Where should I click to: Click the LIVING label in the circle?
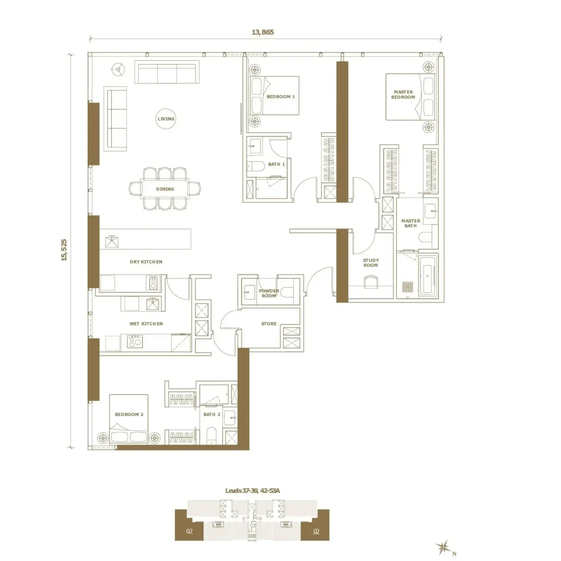click(166, 119)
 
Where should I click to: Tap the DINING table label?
click(165, 189)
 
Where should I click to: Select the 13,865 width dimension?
click(263, 32)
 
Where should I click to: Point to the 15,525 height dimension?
click(64, 250)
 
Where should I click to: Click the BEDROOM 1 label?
click(281, 96)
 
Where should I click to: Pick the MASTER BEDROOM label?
click(403, 94)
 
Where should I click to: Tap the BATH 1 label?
click(277, 164)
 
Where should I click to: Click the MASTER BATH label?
click(411, 224)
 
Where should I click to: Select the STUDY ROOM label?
click(371, 262)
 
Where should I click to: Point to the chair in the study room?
click(371, 282)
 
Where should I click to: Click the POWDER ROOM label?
click(269, 294)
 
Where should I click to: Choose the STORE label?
click(268, 324)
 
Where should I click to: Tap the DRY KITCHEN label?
click(146, 262)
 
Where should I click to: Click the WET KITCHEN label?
click(146, 324)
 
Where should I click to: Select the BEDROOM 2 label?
click(129, 414)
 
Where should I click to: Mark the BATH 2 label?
click(212, 414)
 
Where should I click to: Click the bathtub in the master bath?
click(427, 275)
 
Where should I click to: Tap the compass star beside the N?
click(443, 547)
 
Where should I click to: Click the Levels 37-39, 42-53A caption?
click(253, 490)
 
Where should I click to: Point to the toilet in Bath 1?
click(255, 167)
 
